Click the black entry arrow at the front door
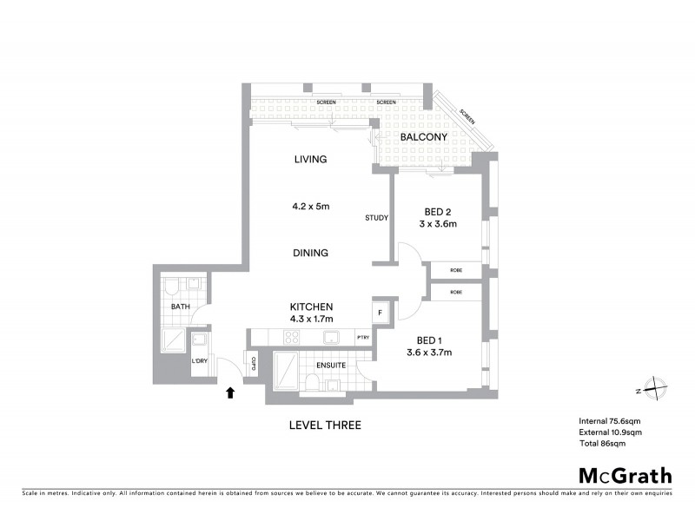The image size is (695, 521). point(230,392)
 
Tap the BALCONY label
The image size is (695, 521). point(423,137)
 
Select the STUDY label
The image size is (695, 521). point(376,218)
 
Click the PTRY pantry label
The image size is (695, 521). point(363,338)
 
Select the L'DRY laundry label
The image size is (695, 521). point(200,361)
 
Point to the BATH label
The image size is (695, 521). point(180,307)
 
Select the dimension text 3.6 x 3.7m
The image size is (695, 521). point(429,352)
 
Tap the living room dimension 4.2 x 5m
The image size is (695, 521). point(311,207)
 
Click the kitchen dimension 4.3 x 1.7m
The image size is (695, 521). point(311,320)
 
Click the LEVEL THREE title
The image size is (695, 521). point(324,425)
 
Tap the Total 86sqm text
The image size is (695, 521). point(602,443)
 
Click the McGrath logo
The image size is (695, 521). point(625,475)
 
